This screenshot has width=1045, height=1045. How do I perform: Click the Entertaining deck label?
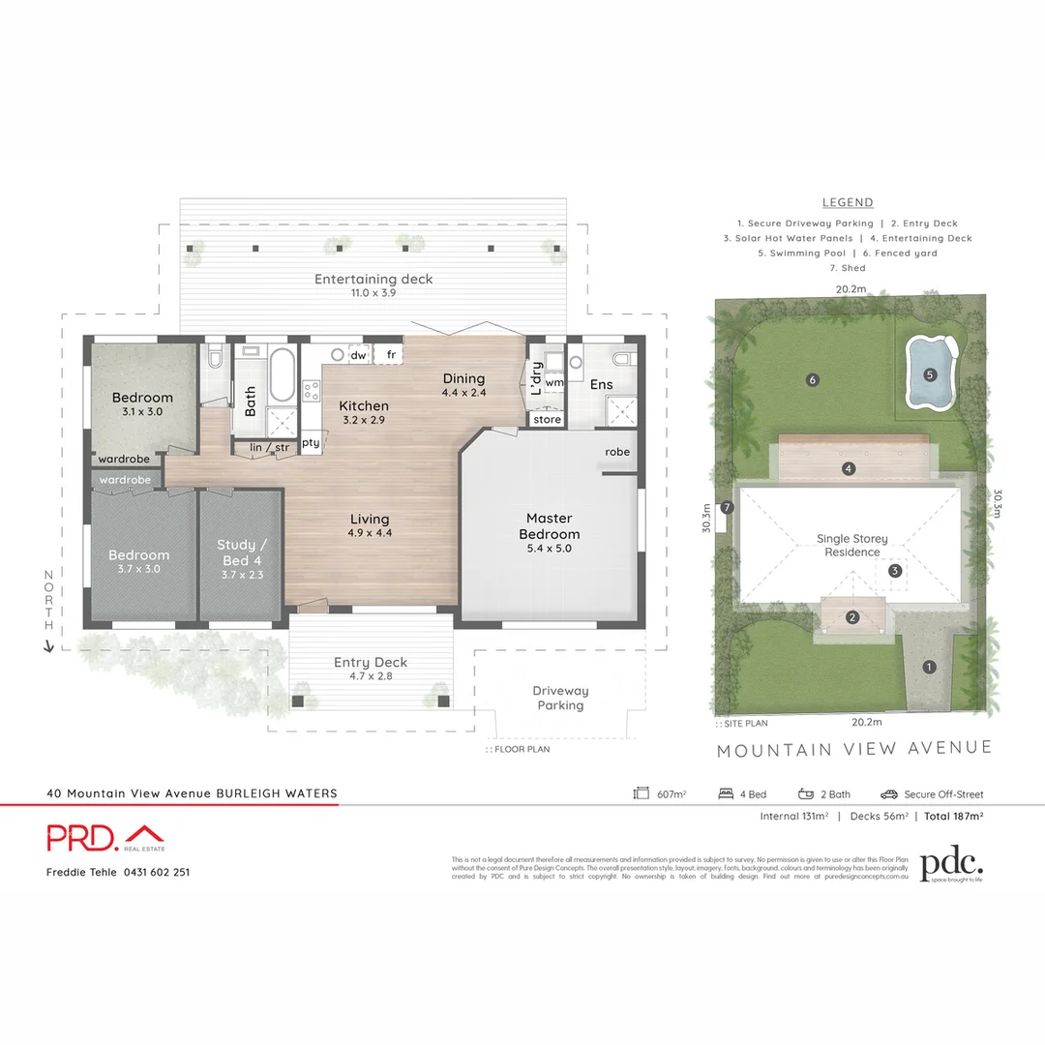point(373,279)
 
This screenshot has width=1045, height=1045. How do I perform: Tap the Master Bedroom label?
point(549,526)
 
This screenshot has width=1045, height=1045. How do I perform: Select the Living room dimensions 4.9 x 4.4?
point(370,532)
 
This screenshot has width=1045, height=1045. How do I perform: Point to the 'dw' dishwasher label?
point(358,355)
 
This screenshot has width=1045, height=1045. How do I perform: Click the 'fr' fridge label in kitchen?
point(391,355)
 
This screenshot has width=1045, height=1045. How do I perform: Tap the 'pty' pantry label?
point(310,443)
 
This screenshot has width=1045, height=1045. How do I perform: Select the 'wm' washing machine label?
point(553,382)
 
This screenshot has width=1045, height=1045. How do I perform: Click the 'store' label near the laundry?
point(547,420)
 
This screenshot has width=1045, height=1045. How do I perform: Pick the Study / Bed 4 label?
point(240,552)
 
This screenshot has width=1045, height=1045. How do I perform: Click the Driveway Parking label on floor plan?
point(560,698)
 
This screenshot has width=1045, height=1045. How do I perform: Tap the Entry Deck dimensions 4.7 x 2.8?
point(371,677)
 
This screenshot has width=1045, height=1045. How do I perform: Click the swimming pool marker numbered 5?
point(930,374)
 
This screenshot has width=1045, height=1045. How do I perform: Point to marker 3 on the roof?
point(895,571)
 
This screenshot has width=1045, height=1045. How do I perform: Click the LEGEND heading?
point(848,202)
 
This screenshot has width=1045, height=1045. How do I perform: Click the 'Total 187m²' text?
point(953,817)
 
